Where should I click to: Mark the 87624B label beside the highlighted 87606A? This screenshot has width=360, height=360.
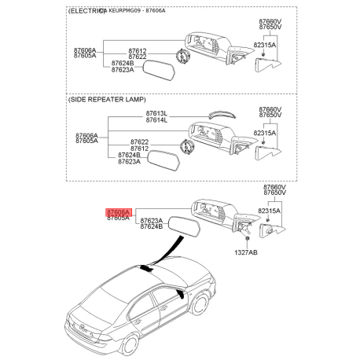(150, 226)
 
